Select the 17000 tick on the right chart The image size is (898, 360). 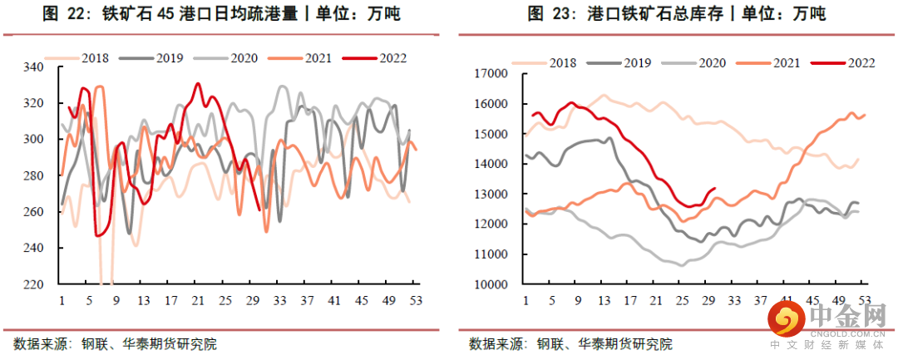pos(491,74)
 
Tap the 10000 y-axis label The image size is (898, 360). pos(491,284)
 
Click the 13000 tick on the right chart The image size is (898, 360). pos(491,195)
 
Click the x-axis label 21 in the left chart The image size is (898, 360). pos(197,301)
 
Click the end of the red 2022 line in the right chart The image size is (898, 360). pos(715,189)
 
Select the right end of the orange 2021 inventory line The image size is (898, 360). pos(865,116)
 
